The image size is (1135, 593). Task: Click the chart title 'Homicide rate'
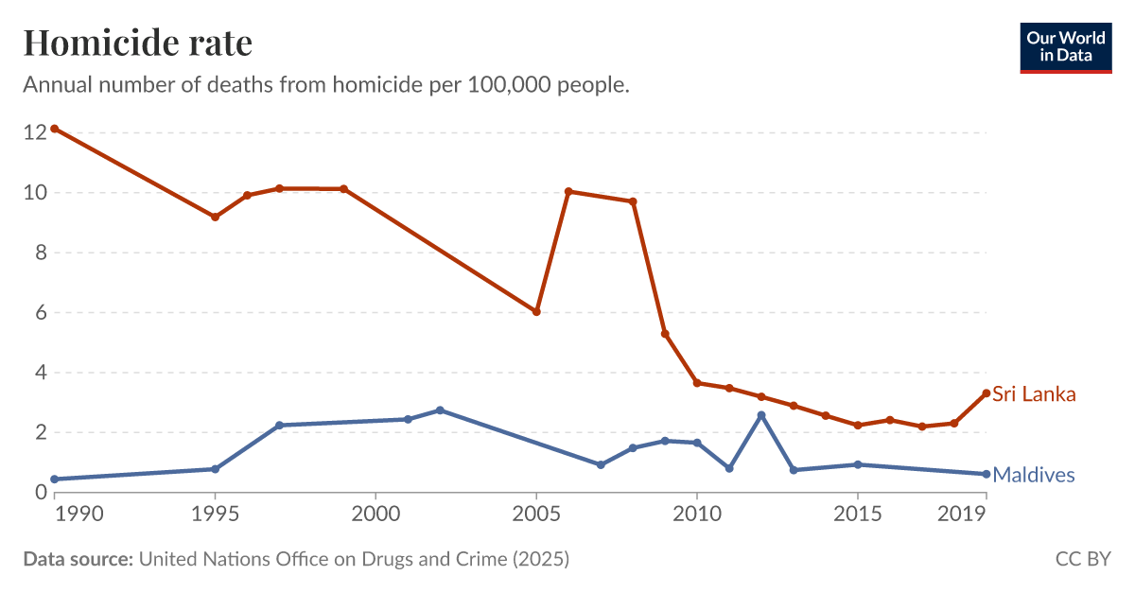[x=137, y=43]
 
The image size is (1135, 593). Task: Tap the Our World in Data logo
[x=1065, y=46]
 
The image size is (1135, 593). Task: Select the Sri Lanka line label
[x=1034, y=394]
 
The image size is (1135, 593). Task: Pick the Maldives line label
[x=1033, y=475]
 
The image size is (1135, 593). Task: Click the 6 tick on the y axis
[x=40, y=312]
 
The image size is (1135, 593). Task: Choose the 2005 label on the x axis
[x=536, y=516]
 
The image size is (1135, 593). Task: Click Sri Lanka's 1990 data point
[x=55, y=129]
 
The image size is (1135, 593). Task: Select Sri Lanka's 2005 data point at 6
[x=536, y=311]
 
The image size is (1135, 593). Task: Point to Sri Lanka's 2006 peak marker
[x=568, y=191]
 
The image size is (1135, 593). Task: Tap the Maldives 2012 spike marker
[x=761, y=415]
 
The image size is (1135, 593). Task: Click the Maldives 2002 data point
[x=440, y=410]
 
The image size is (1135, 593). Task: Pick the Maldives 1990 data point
[x=55, y=480]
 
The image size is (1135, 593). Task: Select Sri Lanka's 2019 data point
[x=987, y=393]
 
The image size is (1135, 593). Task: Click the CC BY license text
[x=1083, y=559]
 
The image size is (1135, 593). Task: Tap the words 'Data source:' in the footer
[x=78, y=559]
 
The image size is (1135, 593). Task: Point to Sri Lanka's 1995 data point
[x=215, y=217]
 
